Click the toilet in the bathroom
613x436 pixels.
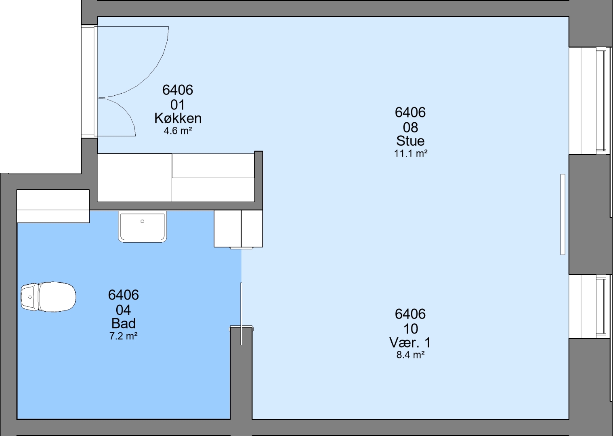pyautogui.click(x=48, y=297)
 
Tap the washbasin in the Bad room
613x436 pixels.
pyautogui.click(x=142, y=227)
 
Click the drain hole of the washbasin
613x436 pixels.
pyautogui.click(x=142, y=221)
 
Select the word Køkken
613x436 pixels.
pyautogui.click(x=178, y=118)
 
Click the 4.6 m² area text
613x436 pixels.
pyautogui.click(x=178, y=131)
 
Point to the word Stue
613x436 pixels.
pyautogui.click(x=411, y=141)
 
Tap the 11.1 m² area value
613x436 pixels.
pyautogui.click(x=411, y=153)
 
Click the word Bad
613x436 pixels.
pyautogui.click(x=124, y=324)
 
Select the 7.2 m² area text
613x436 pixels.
pyautogui.click(x=124, y=336)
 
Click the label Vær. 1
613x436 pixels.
pyautogui.click(x=410, y=342)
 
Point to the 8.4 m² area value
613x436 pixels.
pyautogui.click(x=411, y=355)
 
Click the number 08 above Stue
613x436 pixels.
pyautogui.click(x=411, y=128)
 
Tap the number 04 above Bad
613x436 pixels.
pyautogui.click(x=124, y=310)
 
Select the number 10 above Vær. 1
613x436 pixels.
pyautogui.click(x=411, y=329)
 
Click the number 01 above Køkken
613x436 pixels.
pyautogui.click(x=178, y=105)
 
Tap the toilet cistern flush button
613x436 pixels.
pyautogui.click(x=30, y=297)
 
